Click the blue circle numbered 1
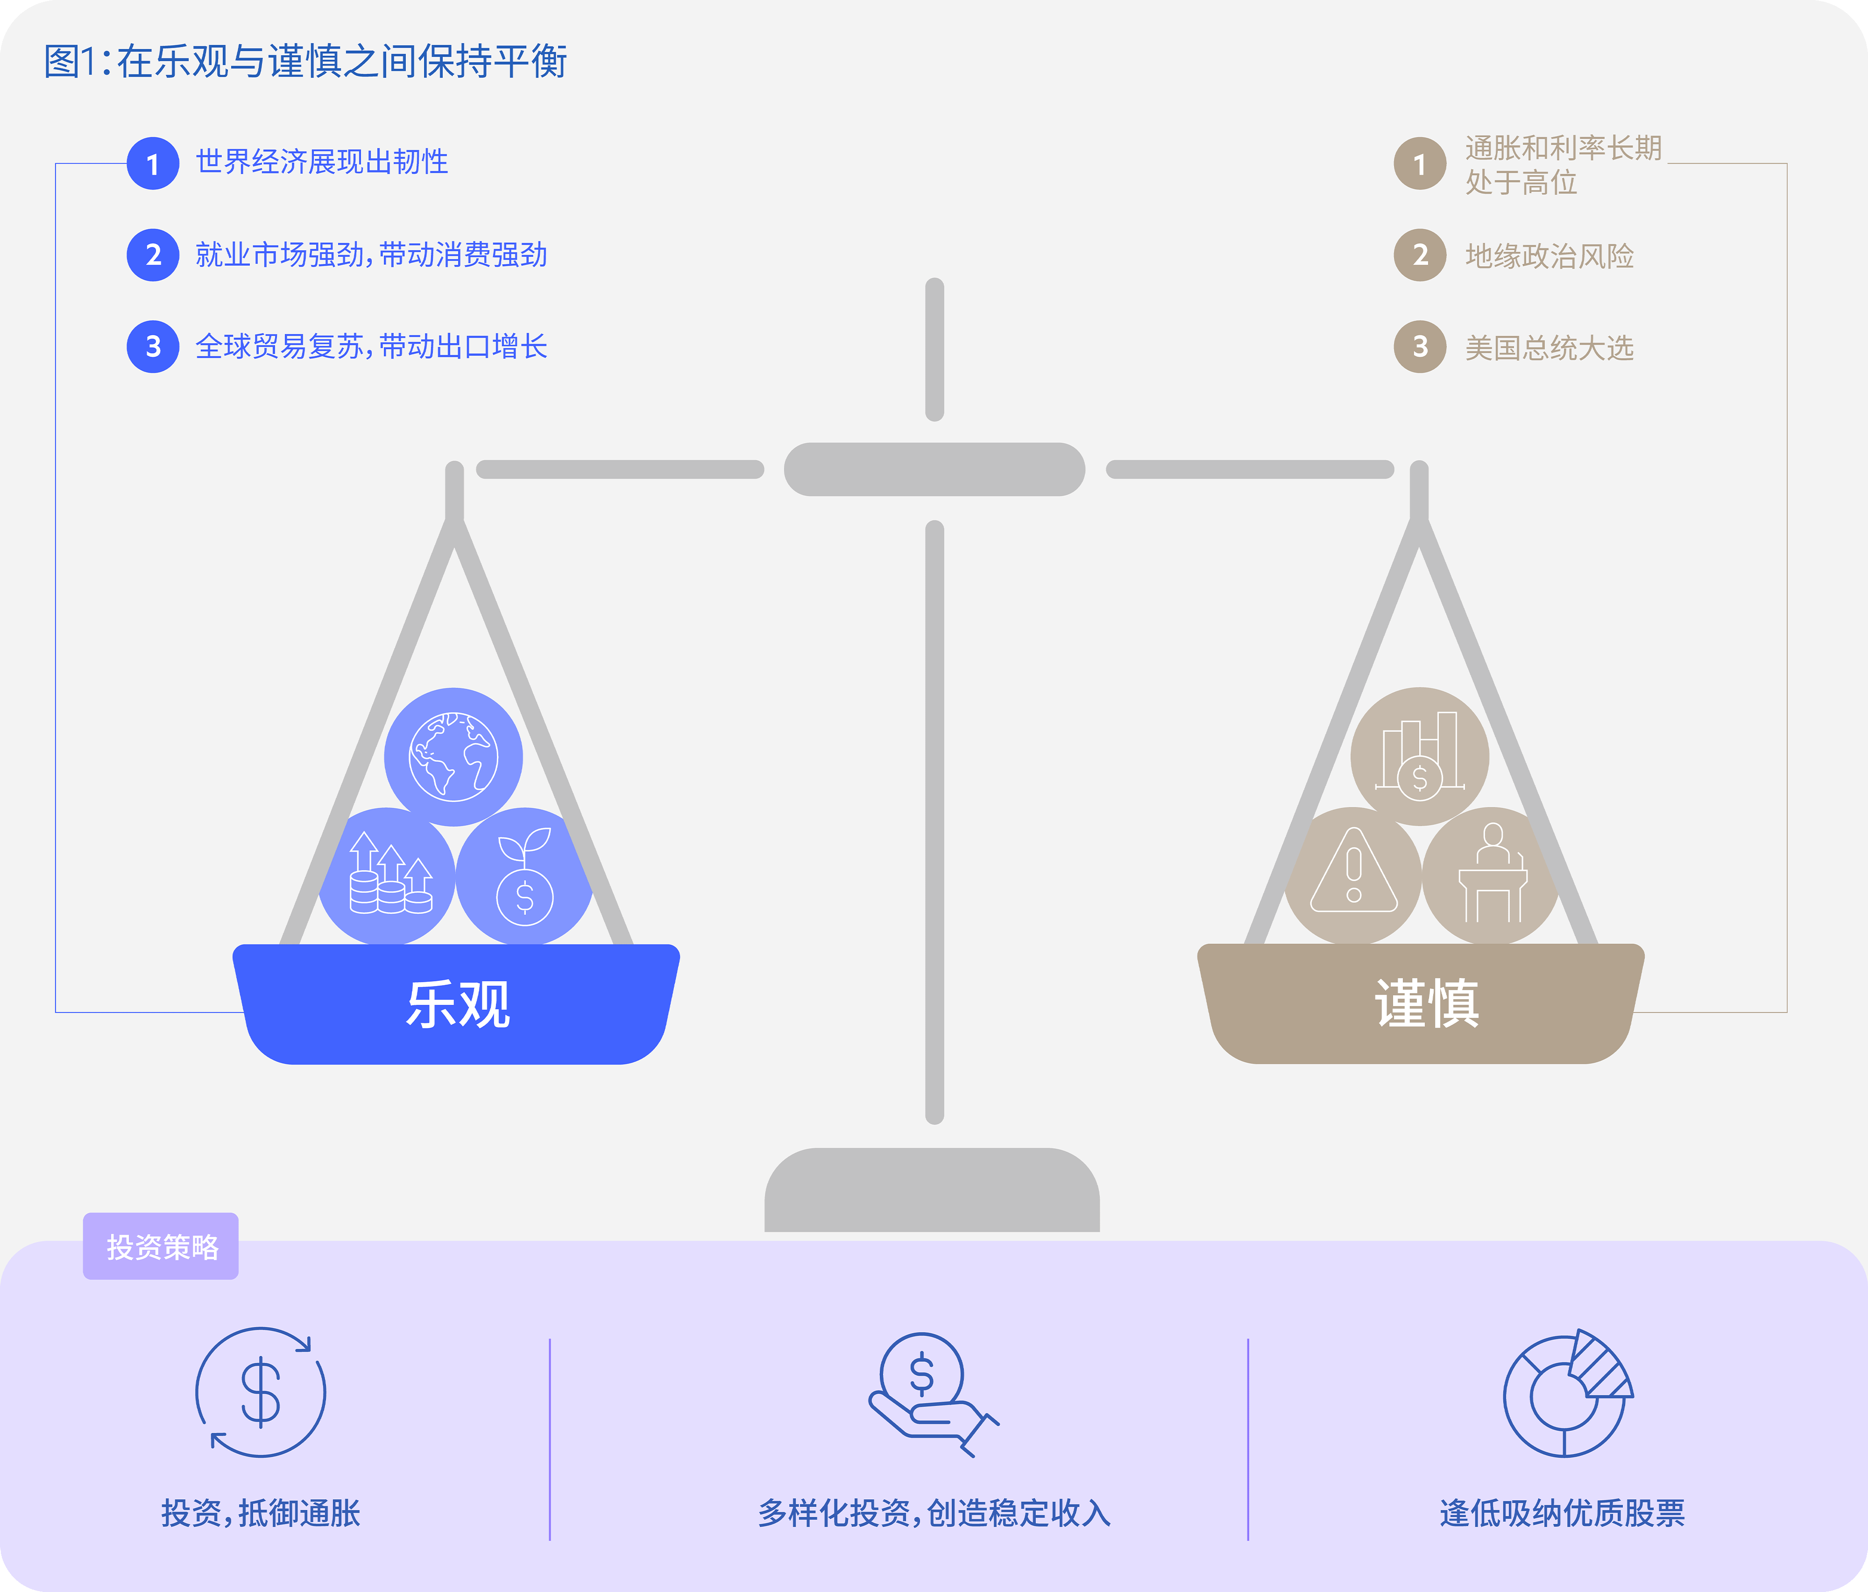pyautogui.click(x=153, y=163)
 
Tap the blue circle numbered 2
pyautogui.click(x=153, y=255)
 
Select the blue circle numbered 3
pyautogui.click(x=153, y=346)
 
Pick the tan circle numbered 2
pyautogui.click(x=1420, y=255)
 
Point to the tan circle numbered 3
pyautogui.click(x=1420, y=346)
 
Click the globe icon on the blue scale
pyautogui.click(x=453, y=756)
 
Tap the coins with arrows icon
pyautogui.click(x=390, y=873)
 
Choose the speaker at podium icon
pyautogui.click(x=1493, y=873)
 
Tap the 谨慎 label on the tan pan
pyautogui.click(x=1426, y=1003)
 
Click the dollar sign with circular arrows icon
pyautogui.click(x=261, y=1392)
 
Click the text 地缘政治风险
pyautogui.click(x=1549, y=256)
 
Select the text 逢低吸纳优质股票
pyautogui.click(x=1562, y=1513)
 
